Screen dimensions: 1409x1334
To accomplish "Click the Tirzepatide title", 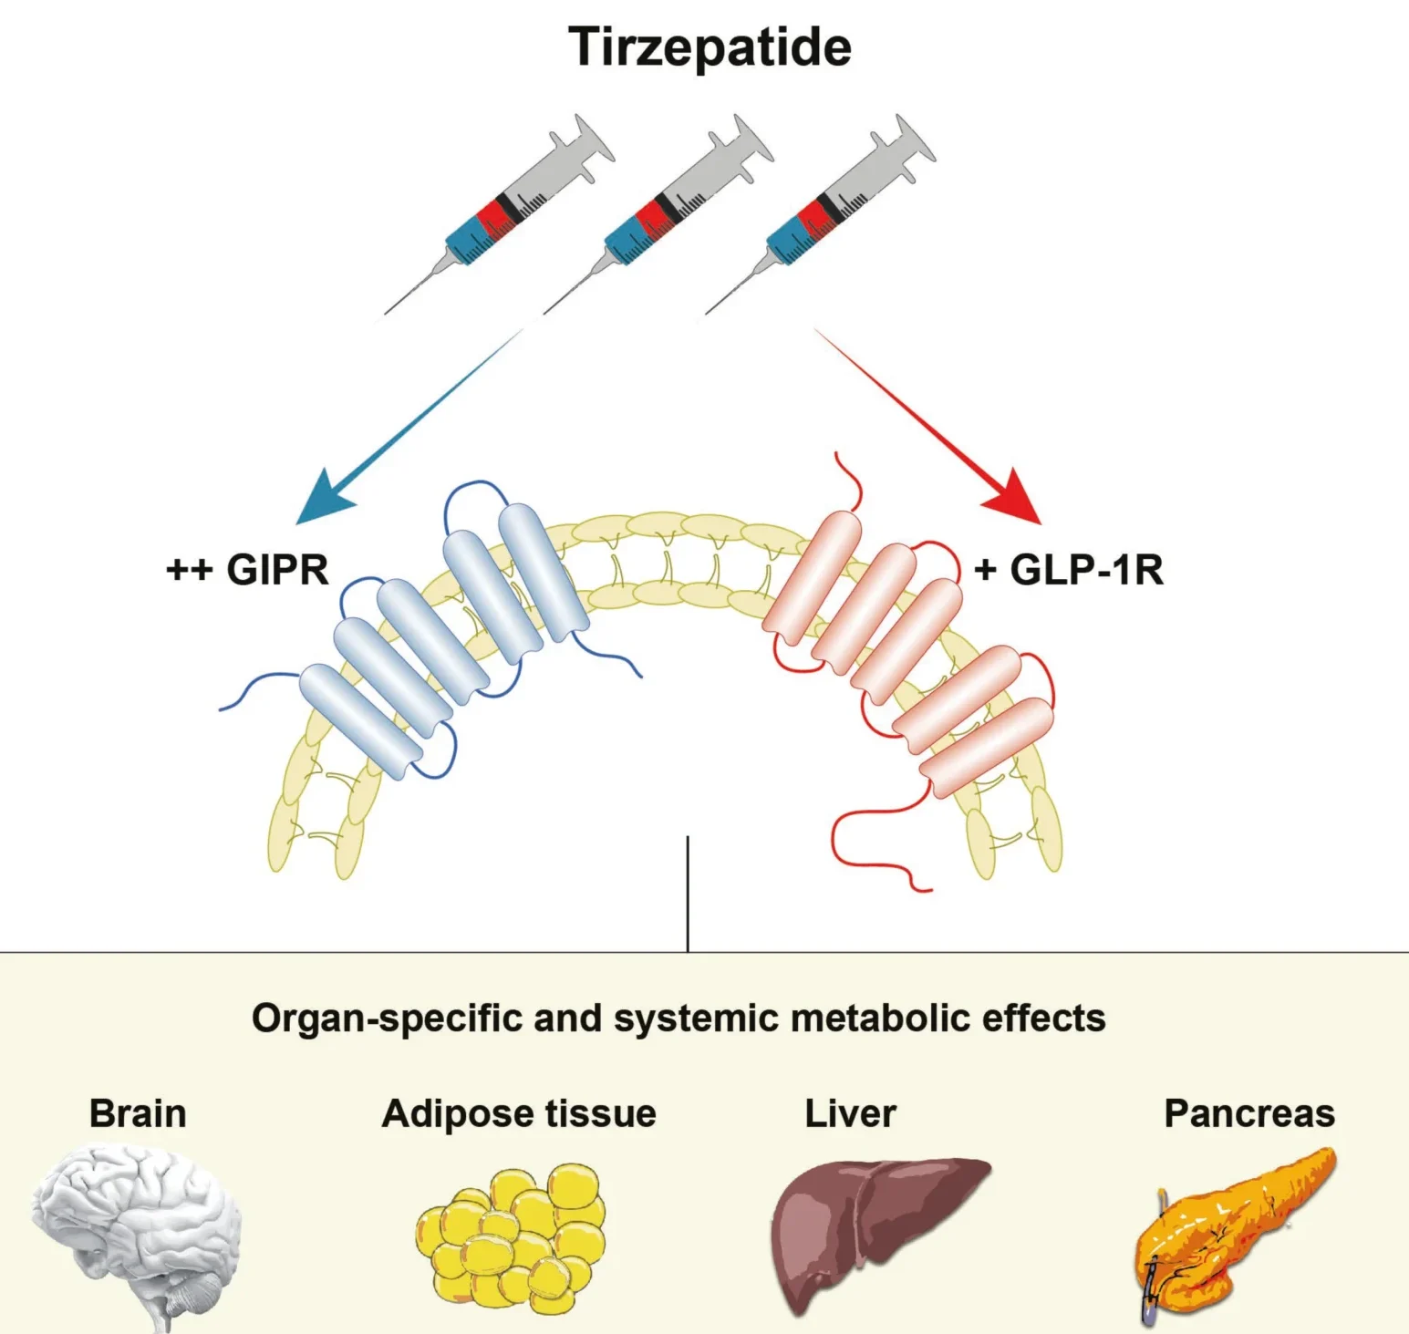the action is coord(710,47).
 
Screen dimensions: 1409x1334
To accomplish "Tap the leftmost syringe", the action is coord(500,214).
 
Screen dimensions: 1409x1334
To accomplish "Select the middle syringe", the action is coord(658,214).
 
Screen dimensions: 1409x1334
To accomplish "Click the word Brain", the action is coord(138,1114).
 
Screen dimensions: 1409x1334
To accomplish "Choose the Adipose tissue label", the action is coord(519,1114).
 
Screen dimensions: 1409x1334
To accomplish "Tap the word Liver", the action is coord(850,1114).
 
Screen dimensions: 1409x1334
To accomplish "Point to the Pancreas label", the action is coord(1249,1114).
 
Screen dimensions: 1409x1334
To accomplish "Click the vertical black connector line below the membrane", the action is coord(688,894).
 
